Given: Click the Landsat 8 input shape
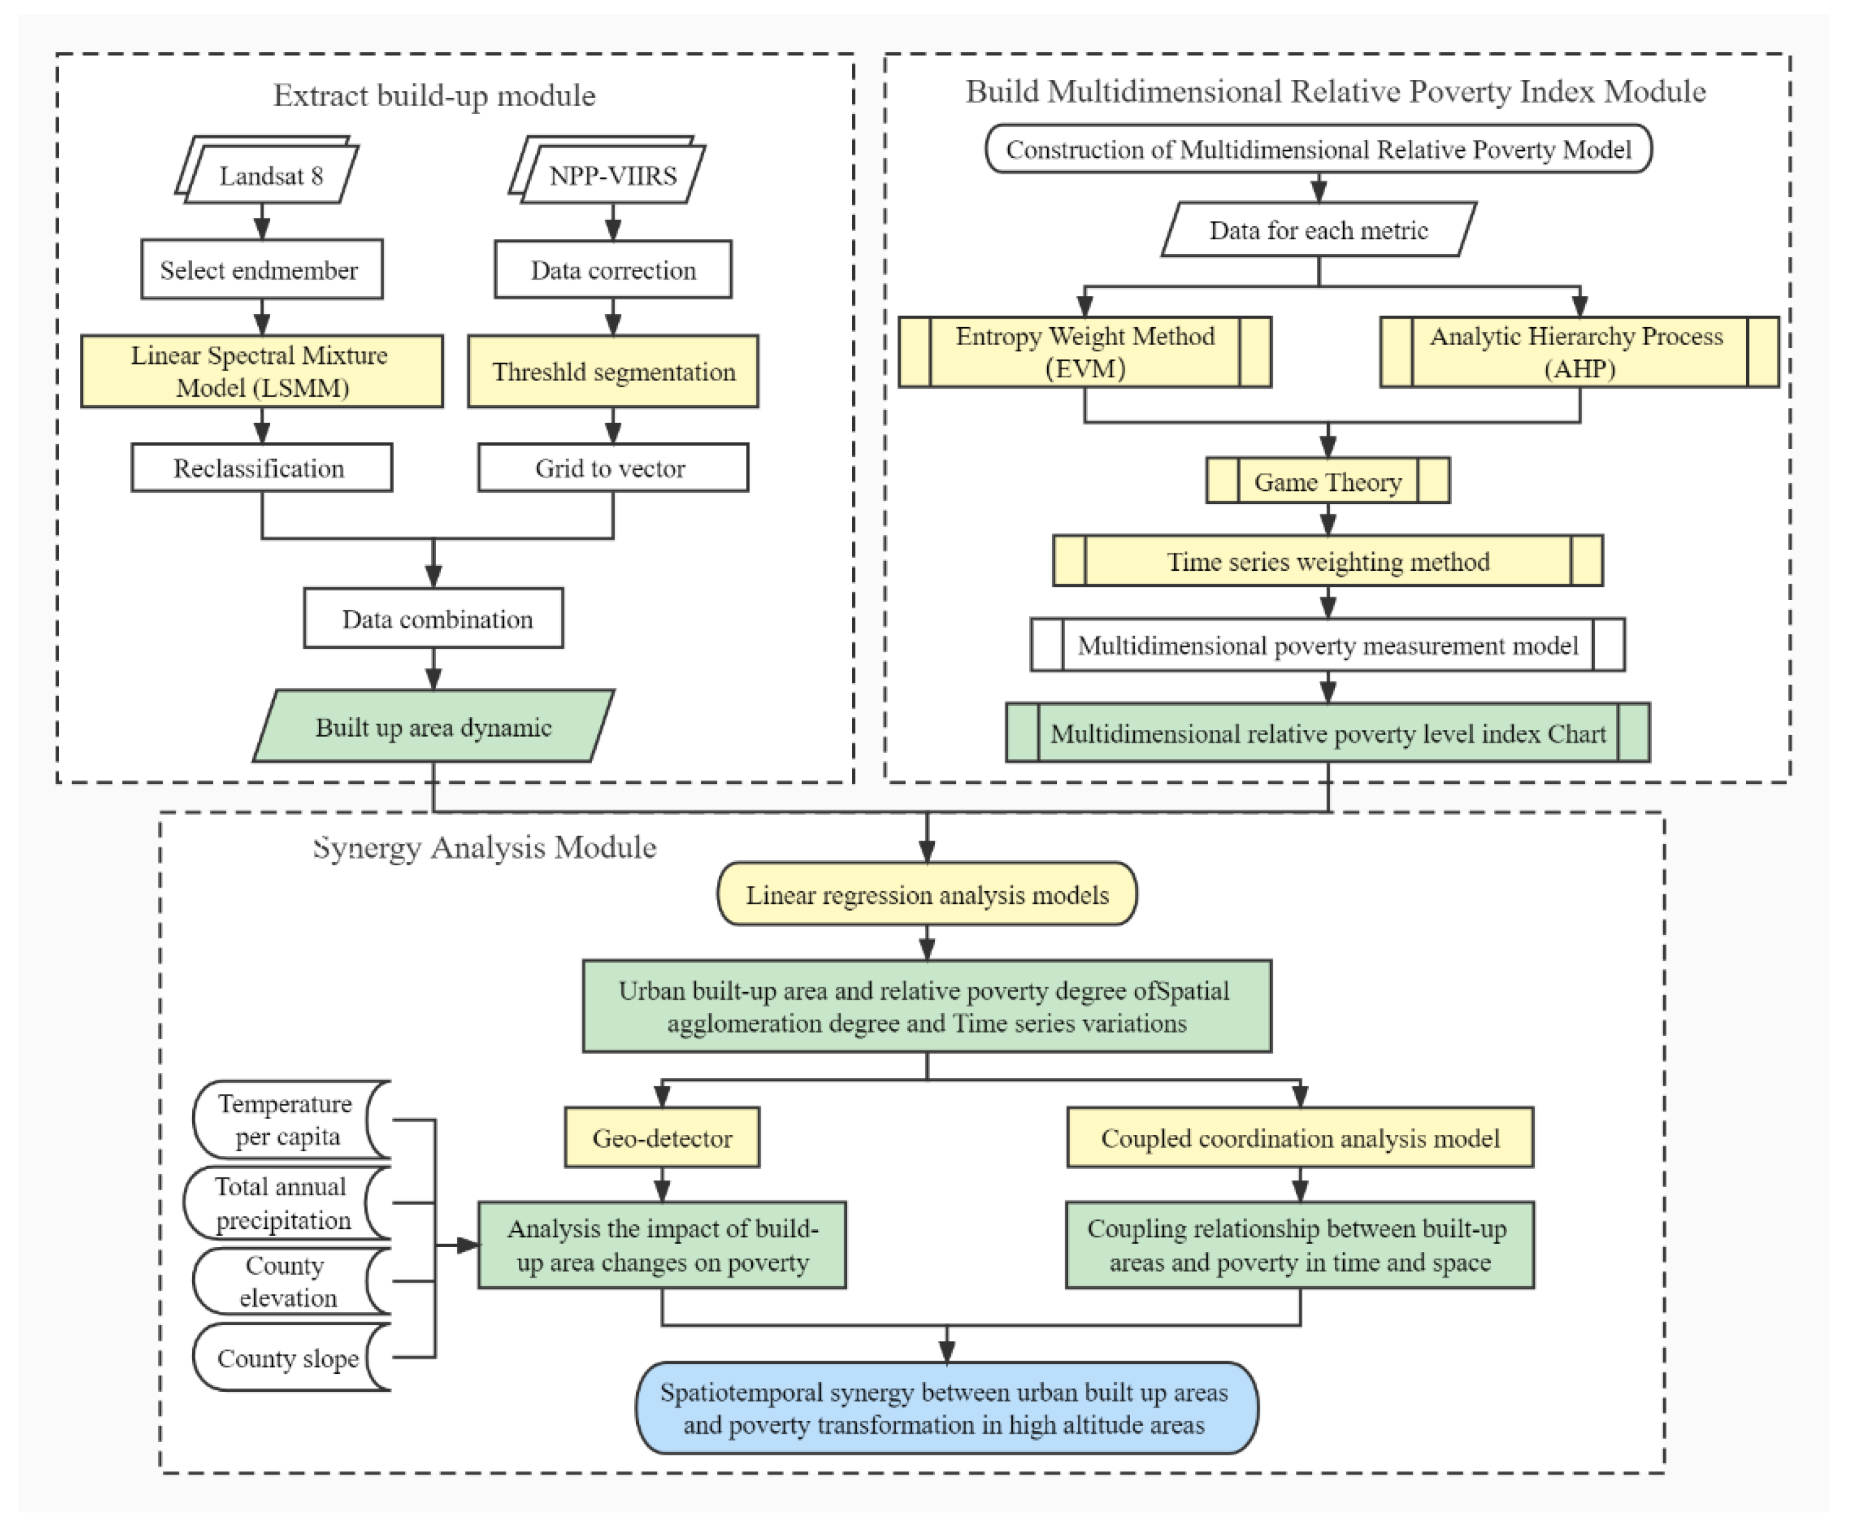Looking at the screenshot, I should click(270, 175).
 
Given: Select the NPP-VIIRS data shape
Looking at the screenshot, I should click(612, 175).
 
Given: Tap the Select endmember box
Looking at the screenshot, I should click(261, 269).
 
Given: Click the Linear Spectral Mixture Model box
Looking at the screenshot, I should click(261, 370).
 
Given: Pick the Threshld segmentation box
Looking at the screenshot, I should click(613, 370).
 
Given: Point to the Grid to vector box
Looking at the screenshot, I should click(613, 468).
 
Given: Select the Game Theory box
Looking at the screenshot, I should click(1328, 481).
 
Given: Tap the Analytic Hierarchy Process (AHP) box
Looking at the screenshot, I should click(1579, 351).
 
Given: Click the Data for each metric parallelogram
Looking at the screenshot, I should click(1318, 230).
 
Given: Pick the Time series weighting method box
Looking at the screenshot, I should click(1328, 561).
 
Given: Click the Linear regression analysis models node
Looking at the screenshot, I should click(926, 894).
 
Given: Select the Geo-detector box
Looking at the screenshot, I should click(662, 1137).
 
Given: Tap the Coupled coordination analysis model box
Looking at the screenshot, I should click(1299, 1137).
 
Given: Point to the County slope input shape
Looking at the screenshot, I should click(287, 1358).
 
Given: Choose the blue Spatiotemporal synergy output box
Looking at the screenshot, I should click(946, 1409).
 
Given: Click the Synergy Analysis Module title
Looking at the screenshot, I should click(485, 847).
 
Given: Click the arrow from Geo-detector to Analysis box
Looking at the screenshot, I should click(662, 1185).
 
